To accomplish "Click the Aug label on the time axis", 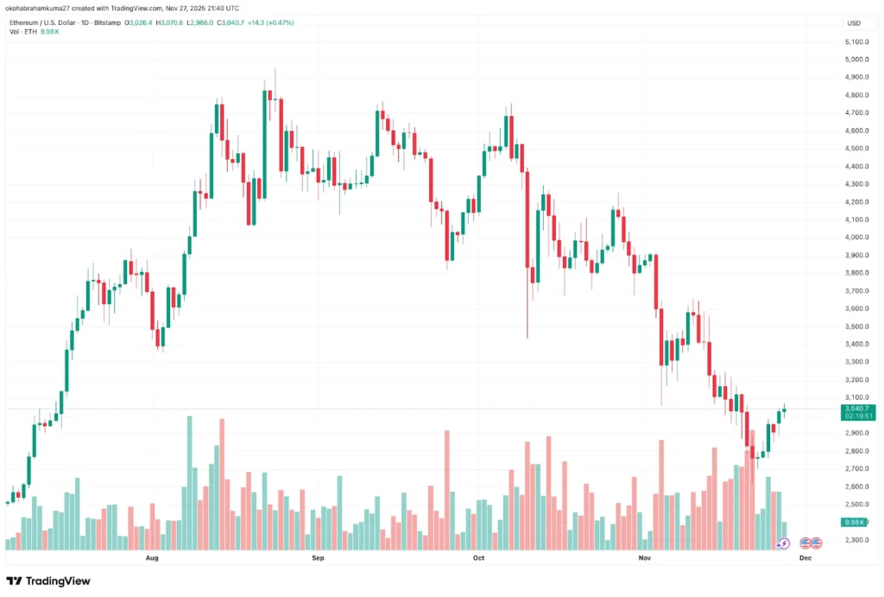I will (153, 559).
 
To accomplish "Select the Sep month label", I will (318, 559).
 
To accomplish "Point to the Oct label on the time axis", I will (479, 559).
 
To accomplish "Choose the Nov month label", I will (644, 559).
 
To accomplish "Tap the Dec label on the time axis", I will (805, 559).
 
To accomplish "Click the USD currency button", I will (855, 22).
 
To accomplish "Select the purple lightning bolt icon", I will (783, 543).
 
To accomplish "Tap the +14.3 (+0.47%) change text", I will (269, 22).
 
